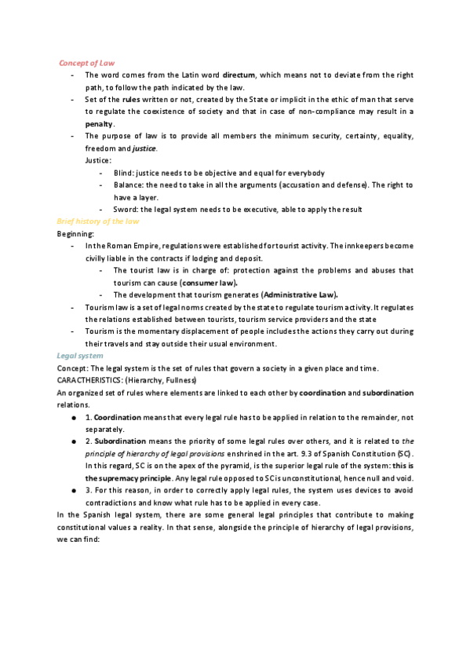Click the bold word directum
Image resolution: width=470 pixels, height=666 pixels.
[239, 75]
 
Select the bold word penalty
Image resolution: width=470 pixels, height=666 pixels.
[100, 124]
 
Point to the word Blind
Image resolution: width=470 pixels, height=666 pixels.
[125, 173]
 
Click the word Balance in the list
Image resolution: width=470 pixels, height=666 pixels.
[130, 185]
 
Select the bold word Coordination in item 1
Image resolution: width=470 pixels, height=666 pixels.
[118, 418]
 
